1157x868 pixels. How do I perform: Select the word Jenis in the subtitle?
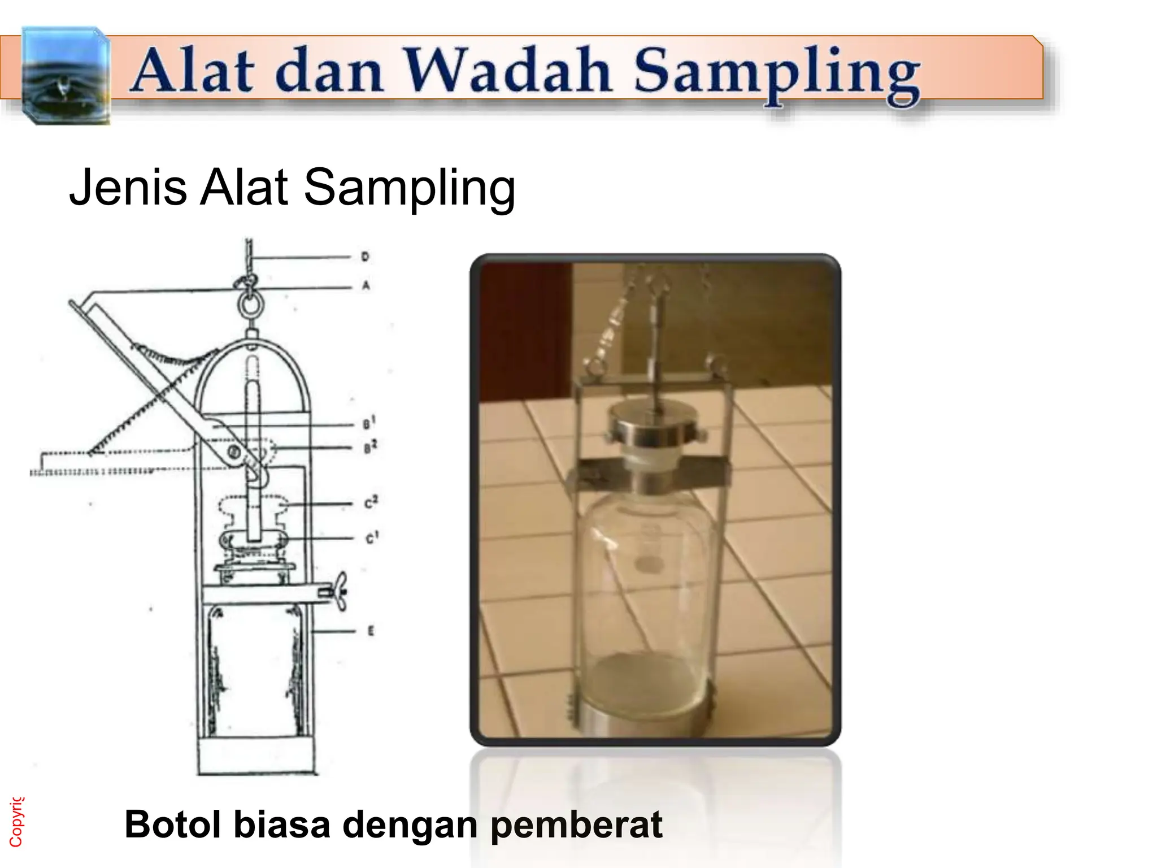point(128,187)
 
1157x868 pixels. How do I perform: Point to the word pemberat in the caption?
point(576,824)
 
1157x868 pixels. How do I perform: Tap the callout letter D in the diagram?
point(365,257)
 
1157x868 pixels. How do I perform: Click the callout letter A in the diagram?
point(366,286)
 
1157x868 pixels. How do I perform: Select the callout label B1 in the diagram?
point(368,423)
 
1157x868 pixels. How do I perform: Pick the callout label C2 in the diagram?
point(371,502)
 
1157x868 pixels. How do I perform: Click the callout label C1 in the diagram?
point(371,537)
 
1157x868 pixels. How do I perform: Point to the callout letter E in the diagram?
point(371,631)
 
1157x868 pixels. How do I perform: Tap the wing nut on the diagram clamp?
point(340,592)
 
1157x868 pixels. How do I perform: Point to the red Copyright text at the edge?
point(16,822)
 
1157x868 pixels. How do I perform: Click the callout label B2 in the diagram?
point(369,448)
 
